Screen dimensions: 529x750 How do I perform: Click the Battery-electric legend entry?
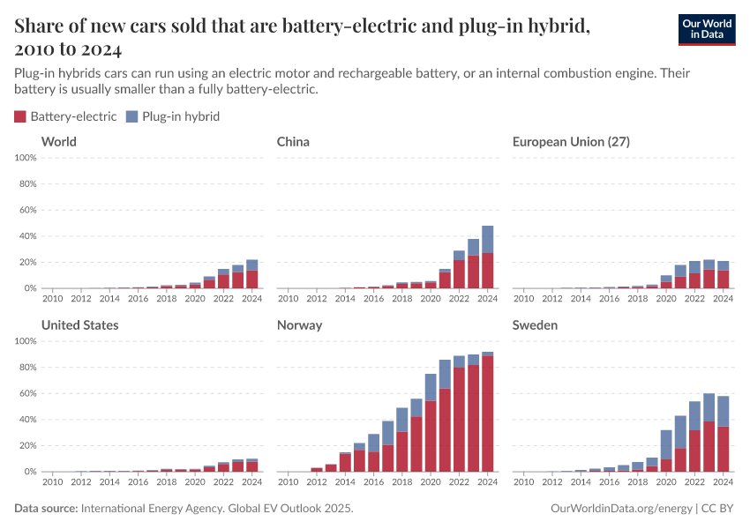[65, 116]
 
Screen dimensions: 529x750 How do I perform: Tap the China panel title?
[293, 142]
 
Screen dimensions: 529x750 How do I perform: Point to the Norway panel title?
[299, 325]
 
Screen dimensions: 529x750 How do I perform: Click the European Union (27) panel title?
[571, 142]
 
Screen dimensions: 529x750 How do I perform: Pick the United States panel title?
[80, 325]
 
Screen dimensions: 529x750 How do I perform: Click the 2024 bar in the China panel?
[488, 257]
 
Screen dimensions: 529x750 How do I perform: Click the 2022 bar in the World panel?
[223, 279]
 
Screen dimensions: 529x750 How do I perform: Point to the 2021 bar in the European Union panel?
[680, 277]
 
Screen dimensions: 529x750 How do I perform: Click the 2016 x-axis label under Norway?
[374, 481]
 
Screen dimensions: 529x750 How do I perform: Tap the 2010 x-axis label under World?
[53, 298]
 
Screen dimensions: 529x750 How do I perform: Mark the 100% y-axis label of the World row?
[25, 158]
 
